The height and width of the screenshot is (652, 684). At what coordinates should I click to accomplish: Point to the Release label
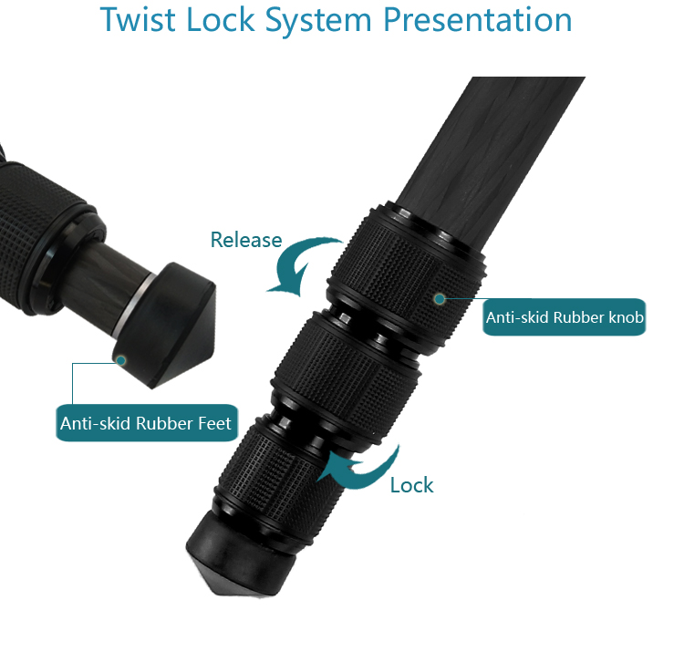245,240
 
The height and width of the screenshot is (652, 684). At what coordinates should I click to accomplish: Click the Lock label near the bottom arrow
411,485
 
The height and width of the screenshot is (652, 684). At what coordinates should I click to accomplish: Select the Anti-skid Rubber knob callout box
565,317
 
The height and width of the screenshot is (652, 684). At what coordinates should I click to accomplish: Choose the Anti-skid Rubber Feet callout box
146,423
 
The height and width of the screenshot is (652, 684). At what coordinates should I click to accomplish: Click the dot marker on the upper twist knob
440,297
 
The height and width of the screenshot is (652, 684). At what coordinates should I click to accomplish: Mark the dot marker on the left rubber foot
120,359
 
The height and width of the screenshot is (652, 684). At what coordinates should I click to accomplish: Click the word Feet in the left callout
212,423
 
